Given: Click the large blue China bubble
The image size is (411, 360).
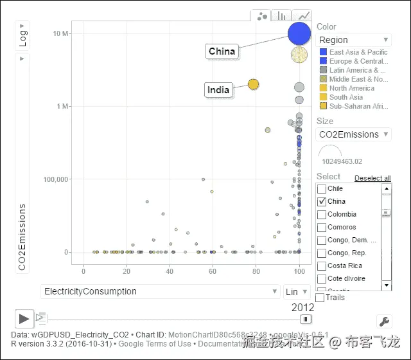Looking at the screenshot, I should (299, 34).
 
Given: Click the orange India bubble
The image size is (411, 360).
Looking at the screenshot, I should (254, 84).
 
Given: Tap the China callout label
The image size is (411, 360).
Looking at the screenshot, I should (222, 51).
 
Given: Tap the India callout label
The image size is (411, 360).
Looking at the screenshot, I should (218, 90).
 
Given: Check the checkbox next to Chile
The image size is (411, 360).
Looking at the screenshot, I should (322, 189).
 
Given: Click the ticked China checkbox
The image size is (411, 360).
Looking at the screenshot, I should (322, 202).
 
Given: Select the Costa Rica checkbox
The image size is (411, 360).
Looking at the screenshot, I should (322, 265).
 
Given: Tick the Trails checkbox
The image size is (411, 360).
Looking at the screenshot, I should (320, 298).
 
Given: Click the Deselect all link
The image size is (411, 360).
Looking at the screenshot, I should (372, 178).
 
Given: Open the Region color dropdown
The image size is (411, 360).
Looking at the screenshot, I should (354, 40).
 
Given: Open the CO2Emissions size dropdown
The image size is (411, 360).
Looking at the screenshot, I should (354, 134).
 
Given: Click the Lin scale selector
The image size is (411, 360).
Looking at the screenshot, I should (296, 292).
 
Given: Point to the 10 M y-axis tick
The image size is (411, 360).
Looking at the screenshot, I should (62, 33).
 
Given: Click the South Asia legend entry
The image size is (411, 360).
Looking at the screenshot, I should (346, 97).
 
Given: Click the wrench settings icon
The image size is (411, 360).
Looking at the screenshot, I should (383, 321).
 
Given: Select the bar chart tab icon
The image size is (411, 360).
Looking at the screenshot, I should (281, 16).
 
